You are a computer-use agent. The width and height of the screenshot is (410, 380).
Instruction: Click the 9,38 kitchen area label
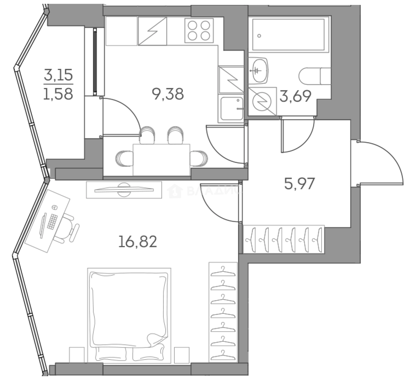[x=168, y=94]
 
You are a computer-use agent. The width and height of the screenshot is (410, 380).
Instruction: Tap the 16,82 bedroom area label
[x=137, y=242]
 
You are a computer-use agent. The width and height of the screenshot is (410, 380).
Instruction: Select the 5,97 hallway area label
[x=299, y=183]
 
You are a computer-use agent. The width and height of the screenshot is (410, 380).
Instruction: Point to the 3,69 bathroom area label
[x=295, y=96]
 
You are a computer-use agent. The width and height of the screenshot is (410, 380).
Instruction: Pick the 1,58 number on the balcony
[x=58, y=94]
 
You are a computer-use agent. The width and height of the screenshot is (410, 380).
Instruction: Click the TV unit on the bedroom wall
[x=124, y=189]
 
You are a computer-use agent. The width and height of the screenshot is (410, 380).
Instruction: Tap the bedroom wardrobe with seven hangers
[x=223, y=311]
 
